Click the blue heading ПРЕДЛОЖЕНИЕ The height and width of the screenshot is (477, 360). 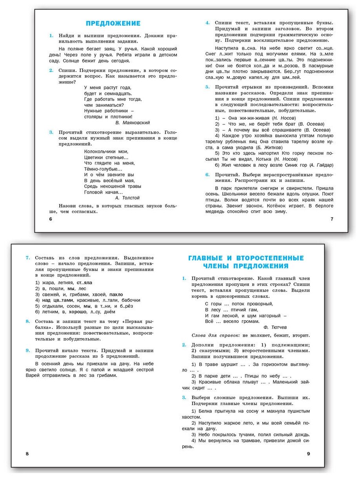[x=113, y=23]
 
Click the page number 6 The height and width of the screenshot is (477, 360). [x=50, y=219]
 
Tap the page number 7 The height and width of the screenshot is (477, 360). [x=332, y=219]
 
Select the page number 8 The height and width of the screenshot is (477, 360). [x=27, y=454]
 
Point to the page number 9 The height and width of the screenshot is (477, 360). [x=308, y=454]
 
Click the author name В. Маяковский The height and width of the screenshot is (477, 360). [x=133, y=122]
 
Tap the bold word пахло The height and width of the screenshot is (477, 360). [x=116, y=294]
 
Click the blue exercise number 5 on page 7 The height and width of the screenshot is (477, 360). [x=207, y=87]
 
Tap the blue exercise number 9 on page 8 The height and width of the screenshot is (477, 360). [x=27, y=350]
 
